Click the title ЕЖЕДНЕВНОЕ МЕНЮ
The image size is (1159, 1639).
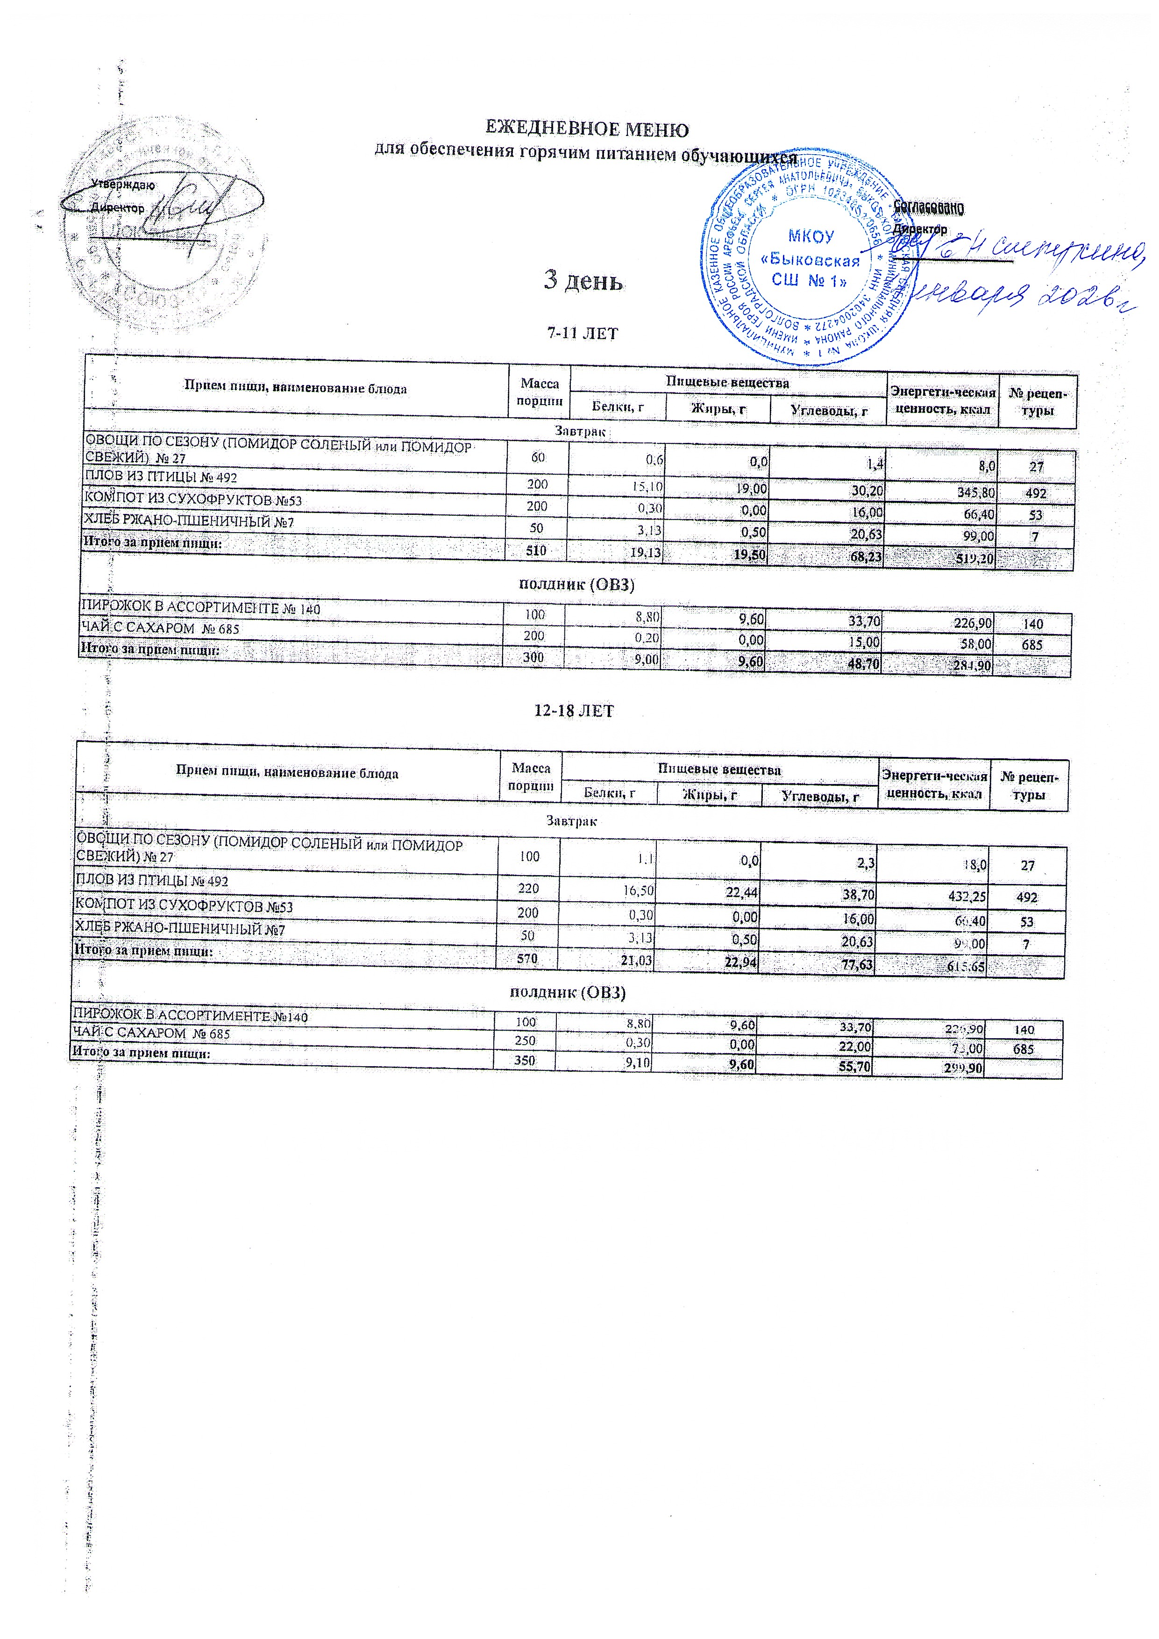pos(587,130)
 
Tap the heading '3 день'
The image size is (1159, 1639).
pos(583,280)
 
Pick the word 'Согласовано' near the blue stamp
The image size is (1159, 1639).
pos(929,208)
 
